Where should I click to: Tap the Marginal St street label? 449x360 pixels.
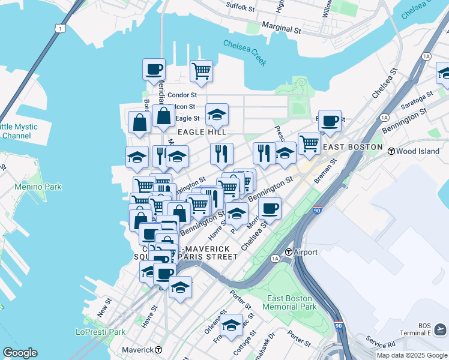[x=281, y=29]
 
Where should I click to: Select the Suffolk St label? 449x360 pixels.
[x=240, y=6]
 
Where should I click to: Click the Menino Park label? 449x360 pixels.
[x=38, y=187]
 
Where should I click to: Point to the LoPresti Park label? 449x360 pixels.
[x=100, y=332]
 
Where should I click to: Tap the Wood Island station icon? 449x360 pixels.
[x=391, y=151]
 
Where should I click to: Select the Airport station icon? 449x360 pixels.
[x=289, y=252]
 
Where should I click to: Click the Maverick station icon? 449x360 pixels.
[x=158, y=349]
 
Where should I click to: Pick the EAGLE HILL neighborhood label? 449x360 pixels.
[x=201, y=131]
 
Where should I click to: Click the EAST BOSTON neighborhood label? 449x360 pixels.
[x=352, y=147]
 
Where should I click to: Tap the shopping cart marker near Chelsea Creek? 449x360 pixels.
[x=201, y=71]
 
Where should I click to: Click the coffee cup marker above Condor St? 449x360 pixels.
[x=154, y=68]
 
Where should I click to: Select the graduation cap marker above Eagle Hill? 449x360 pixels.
[x=217, y=113]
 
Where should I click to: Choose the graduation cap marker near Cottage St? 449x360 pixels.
[x=231, y=325]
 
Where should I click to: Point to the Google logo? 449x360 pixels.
[x=20, y=353]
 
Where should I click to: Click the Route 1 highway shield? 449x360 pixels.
[x=59, y=28]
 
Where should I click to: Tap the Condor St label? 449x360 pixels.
[x=182, y=95]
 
